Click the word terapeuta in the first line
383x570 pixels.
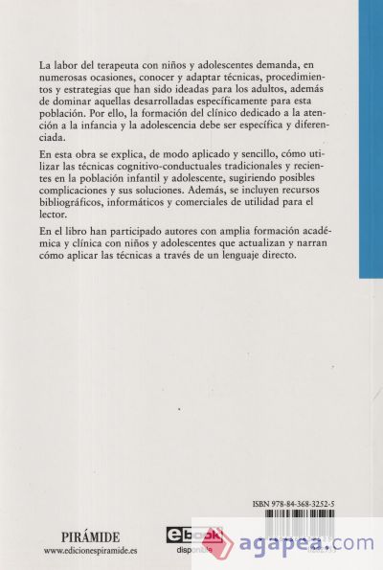(120, 64)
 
